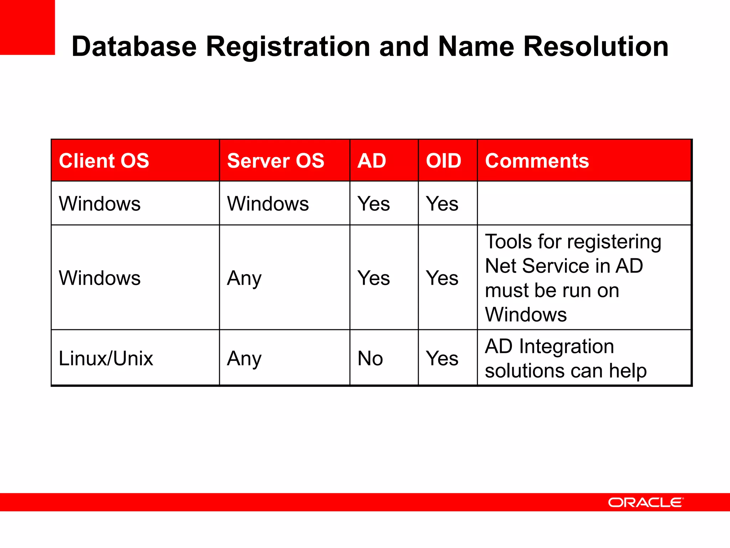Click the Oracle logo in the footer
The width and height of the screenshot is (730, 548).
point(646,502)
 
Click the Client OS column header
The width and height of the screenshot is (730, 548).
point(104,161)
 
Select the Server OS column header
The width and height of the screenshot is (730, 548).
point(276,161)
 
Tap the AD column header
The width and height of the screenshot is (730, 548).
point(372,161)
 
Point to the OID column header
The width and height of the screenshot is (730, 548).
point(443,161)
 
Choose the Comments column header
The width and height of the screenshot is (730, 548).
point(537,161)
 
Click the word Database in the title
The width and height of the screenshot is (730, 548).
point(134,46)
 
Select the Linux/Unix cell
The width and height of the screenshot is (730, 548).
point(106,358)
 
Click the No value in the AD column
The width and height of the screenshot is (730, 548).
point(370,358)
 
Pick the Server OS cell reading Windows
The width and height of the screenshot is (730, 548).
point(268,204)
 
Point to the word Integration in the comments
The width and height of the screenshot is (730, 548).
point(566,346)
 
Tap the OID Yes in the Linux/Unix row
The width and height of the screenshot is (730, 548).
point(442,358)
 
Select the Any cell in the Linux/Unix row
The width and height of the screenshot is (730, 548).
point(244,358)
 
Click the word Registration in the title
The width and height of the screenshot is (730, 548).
point(288,46)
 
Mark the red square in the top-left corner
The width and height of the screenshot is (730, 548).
point(27,27)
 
